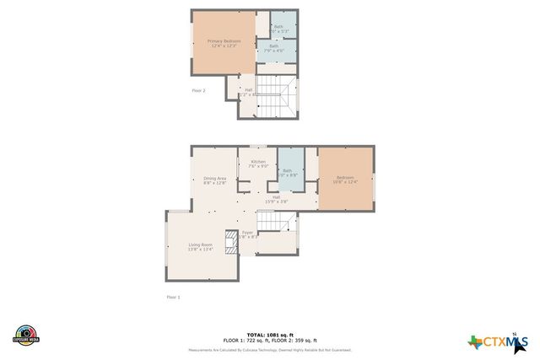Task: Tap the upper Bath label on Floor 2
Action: pos(278,29)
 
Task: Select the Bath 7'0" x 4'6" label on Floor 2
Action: pos(273,49)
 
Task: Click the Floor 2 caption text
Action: pos(198,90)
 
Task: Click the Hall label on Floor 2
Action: pos(247,92)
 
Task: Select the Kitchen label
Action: pos(258,164)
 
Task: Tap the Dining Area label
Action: pos(215,180)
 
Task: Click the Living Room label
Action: pos(200,246)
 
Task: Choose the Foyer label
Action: pos(248,234)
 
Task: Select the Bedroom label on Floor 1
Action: pos(346,180)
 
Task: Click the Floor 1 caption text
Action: pos(173,297)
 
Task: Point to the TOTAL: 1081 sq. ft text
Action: pos(270,334)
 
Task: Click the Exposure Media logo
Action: pos(26,335)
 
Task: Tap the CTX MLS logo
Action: pos(499,341)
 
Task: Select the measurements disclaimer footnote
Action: pos(270,350)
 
